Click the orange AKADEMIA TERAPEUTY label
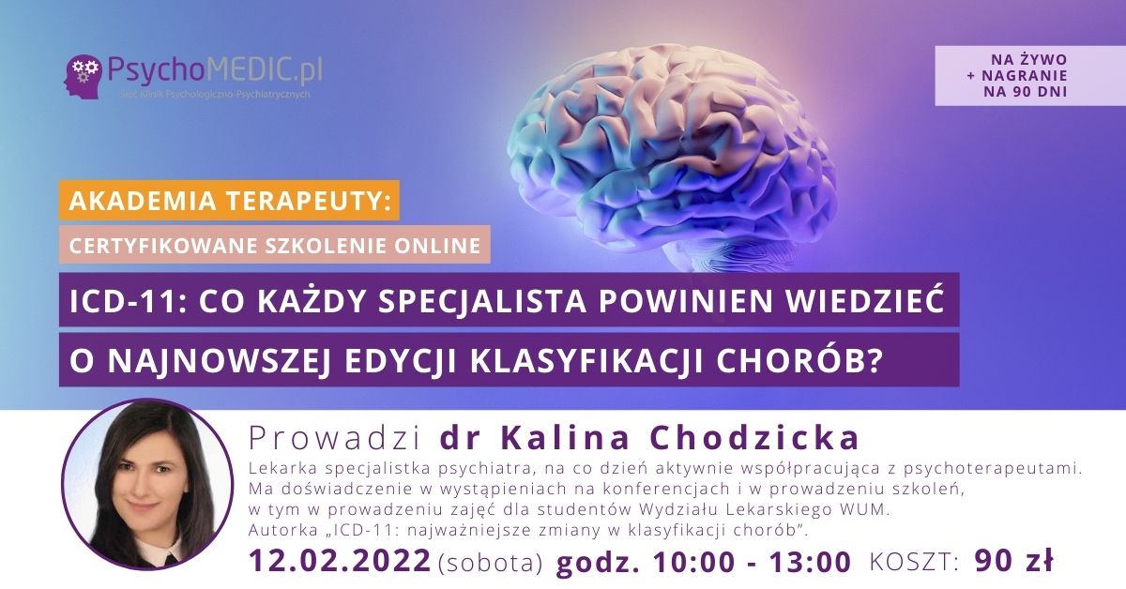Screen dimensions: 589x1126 pos(229,201)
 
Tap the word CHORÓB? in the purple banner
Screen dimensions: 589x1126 pos(825,358)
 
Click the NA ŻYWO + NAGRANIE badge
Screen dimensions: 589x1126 pos(1028,75)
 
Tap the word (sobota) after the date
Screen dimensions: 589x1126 pos(491,563)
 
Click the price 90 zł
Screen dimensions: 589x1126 pos(1014,560)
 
